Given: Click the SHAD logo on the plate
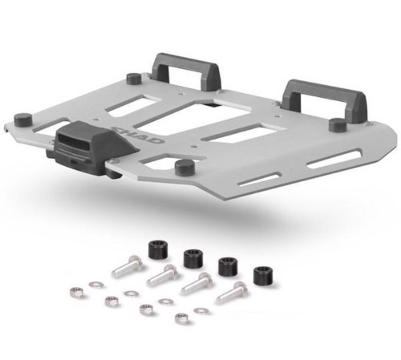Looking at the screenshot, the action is tap(139, 136).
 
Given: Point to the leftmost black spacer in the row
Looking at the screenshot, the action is tap(158, 249).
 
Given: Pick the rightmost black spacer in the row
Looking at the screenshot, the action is tap(263, 275).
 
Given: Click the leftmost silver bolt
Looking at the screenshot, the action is tap(127, 266).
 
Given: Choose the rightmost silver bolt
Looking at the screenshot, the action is tap(232, 293).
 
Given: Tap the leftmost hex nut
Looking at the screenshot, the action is tap(76, 292).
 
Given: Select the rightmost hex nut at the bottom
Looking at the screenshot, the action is tap(181, 318).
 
